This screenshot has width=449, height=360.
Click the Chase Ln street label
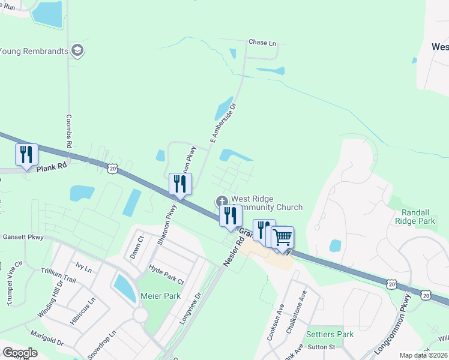pos(262,43)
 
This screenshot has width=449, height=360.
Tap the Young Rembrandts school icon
pos(76,50)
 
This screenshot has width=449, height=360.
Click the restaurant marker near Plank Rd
pos(26,155)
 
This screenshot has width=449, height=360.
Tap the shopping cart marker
pos(282,236)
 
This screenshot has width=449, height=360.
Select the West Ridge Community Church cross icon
pos(221,200)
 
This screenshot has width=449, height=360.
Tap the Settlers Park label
pos(330,334)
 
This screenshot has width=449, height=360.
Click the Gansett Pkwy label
pos(23,237)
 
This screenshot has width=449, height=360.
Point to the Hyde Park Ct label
pos(166,275)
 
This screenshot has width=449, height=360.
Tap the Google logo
pos(20,352)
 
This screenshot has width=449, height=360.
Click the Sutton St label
pos(321,346)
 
